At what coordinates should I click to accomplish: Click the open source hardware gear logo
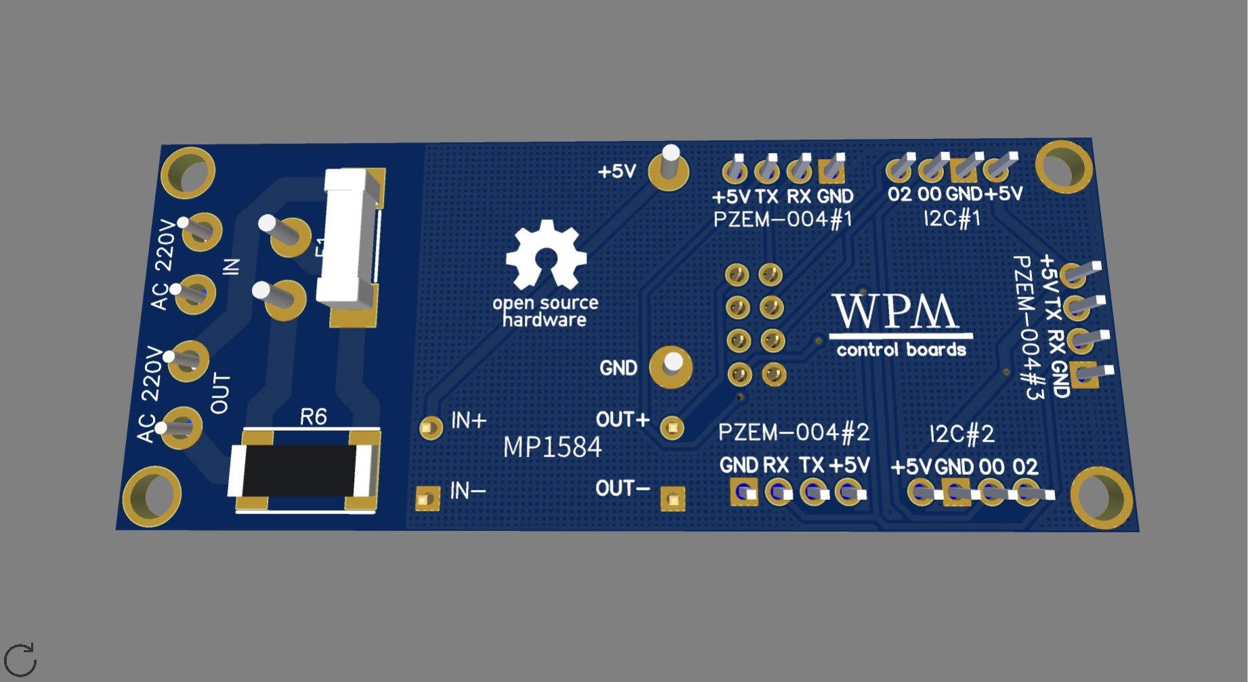(546, 255)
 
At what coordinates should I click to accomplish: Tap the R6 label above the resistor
(313, 417)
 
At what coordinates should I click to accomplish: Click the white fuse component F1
(348, 237)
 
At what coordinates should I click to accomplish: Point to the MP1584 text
(552, 447)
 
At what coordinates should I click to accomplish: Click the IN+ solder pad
(430, 427)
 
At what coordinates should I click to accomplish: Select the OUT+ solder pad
(672, 427)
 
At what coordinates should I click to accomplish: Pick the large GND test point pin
(671, 366)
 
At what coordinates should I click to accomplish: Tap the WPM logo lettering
(895, 312)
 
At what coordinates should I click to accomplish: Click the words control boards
(901, 349)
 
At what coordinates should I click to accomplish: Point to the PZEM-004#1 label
(782, 219)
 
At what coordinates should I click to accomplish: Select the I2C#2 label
(962, 433)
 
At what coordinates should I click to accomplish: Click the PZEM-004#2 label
(794, 432)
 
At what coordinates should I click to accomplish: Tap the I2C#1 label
(952, 218)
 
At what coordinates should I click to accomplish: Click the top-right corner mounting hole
(1064, 167)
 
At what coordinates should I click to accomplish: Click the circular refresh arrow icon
(20, 660)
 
